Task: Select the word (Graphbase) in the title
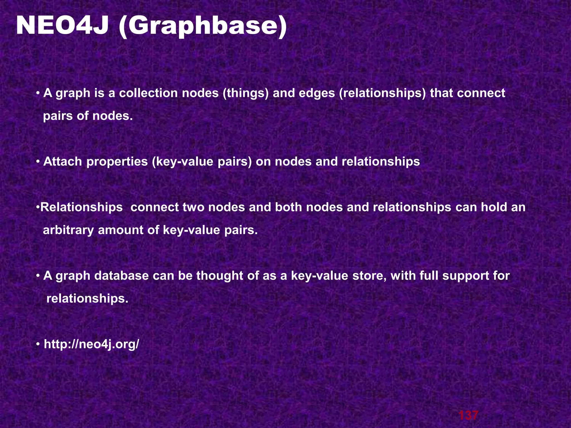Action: pyautogui.click(x=203, y=26)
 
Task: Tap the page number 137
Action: pyautogui.click(x=468, y=415)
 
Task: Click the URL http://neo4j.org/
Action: pyautogui.click(x=91, y=344)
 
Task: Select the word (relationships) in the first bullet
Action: pyautogui.click(x=383, y=93)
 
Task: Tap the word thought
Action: pyautogui.click(x=220, y=276)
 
